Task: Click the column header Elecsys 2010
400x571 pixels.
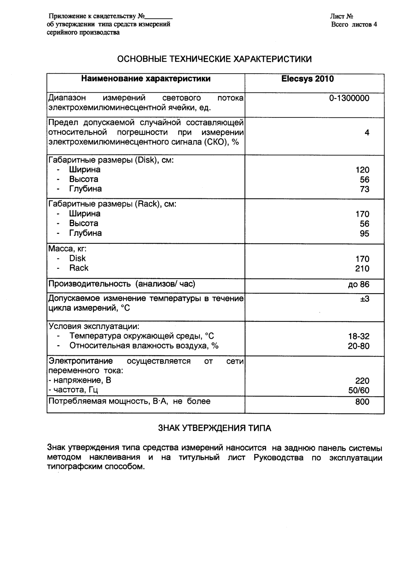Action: click(308, 79)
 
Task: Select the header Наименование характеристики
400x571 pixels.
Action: click(146, 79)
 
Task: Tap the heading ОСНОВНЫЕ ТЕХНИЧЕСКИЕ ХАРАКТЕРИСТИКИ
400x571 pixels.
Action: click(215, 59)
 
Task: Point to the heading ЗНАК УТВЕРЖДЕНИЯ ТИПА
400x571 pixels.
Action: click(215, 428)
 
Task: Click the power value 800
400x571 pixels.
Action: click(362, 402)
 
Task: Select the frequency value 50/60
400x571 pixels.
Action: click(359, 390)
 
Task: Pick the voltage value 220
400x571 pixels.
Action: click(362, 381)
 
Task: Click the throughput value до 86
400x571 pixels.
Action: click(359, 284)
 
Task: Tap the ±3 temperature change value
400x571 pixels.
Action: click(364, 299)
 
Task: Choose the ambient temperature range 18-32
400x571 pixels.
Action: click(359, 336)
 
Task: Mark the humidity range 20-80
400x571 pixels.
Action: click(359, 346)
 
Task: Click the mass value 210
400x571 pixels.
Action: click(362, 269)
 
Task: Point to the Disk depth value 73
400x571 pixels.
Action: click(364, 189)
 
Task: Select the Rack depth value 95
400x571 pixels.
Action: click(364, 234)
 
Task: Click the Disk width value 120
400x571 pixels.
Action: click(362, 170)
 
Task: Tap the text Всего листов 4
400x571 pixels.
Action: click(354, 25)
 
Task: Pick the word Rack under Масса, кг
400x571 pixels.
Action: click(79, 268)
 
